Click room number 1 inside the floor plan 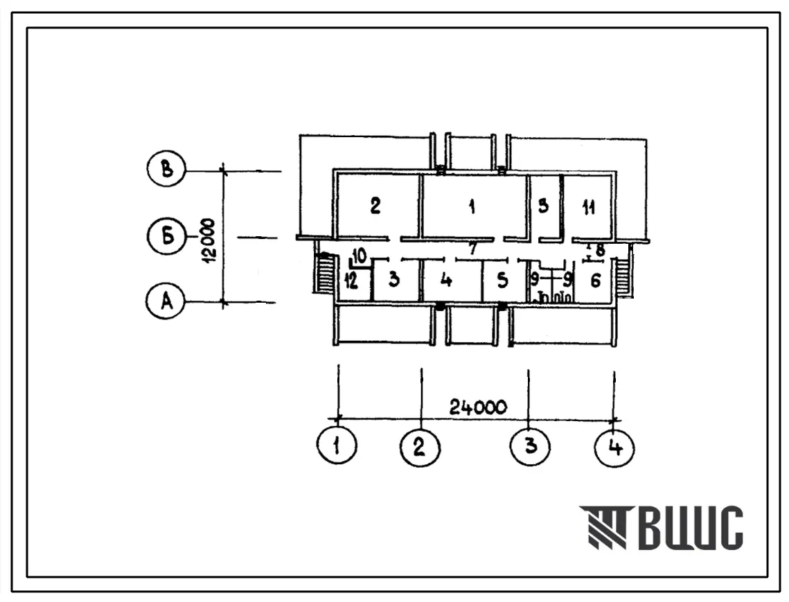(x=472, y=206)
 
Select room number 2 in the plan (x=375, y=206)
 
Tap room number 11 (x=588, y=209)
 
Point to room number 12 (x=351, y=281)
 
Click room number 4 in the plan (x=447, y=281)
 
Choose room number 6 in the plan (x=595, y=281)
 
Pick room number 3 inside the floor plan (x=393, y=281)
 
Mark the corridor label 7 (x=473, y=248)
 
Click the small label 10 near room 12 (x=359, y=256)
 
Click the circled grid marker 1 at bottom (x=337, y=448)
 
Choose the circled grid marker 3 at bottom (x=529, y=448)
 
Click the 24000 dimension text (x=478, y=407)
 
